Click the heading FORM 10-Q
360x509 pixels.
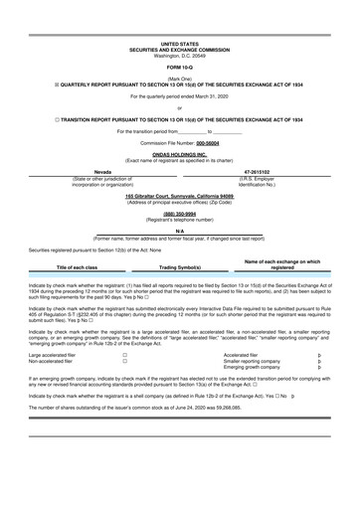click(179, 67)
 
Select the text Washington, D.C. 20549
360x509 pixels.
click(179, 56)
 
